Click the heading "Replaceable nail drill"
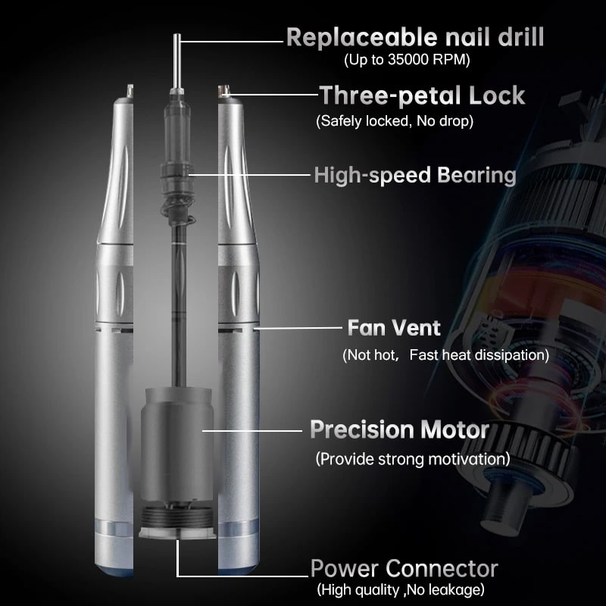coord(415,37)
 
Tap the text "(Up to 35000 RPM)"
coord(407,60)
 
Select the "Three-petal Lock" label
coord(423,95)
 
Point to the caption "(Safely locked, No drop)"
coord(395,121)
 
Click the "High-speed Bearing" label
coord(415,176)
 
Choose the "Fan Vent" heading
coord(394,328)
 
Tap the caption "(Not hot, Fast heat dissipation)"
coord(445,355)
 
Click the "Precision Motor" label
coord(400,430)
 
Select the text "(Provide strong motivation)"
coord(413,459)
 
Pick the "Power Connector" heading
coord(405,569)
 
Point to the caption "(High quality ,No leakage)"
coord(401,590)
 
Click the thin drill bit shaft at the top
coord(177,61)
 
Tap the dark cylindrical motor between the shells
coord(176,445)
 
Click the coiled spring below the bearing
coord(178,217)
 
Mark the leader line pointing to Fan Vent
coord(298,328)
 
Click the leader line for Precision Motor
coord(252,430)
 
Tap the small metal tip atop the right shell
coord(223,91)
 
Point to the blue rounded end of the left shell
coord(114,571)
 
